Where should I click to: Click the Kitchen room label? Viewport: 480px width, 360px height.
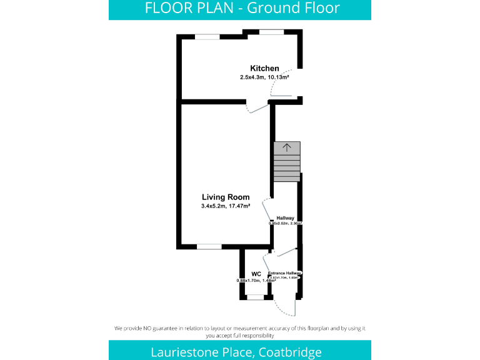264,68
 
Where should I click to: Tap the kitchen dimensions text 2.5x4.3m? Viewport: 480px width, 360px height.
252,77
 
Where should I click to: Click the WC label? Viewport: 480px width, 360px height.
256,274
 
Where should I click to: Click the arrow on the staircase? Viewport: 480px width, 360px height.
287,148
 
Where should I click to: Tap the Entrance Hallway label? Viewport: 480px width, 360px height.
285,273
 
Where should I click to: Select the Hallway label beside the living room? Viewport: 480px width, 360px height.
286,217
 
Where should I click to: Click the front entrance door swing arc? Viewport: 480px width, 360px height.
286,307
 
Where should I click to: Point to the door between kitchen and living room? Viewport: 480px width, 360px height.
257,107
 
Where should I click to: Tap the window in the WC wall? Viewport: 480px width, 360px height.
255,297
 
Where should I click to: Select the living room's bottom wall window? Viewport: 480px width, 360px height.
209,246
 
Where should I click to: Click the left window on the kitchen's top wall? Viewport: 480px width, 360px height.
207,37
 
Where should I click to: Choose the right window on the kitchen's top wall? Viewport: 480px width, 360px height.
271,32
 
